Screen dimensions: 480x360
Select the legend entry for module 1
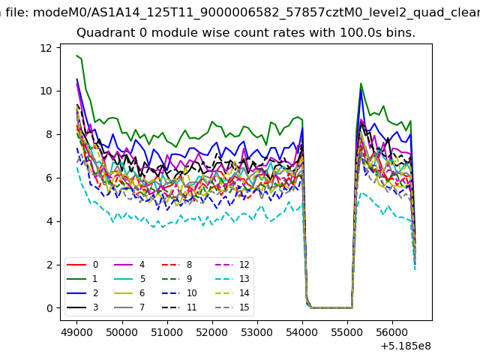(82, 279)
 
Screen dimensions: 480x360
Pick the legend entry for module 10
(179, 293)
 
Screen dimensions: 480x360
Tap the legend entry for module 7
(130, 307)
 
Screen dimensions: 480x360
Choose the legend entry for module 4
(130, 265)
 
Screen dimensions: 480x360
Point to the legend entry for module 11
(179, 307)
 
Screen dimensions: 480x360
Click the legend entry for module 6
(130, 293)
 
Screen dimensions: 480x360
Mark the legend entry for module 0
(82, 265)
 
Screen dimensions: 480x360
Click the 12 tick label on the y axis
(46, 48)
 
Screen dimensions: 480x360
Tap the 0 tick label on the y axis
(49, 308)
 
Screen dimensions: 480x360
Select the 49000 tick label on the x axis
(76, 332)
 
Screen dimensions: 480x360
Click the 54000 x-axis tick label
(302, 332)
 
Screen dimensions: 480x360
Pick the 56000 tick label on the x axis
(393, 332)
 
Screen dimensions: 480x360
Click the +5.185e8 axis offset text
(406, 346)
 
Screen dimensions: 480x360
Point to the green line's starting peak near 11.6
(76, 55)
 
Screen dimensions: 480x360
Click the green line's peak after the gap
(361, 83)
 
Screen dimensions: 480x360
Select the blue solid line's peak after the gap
(361, 90)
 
